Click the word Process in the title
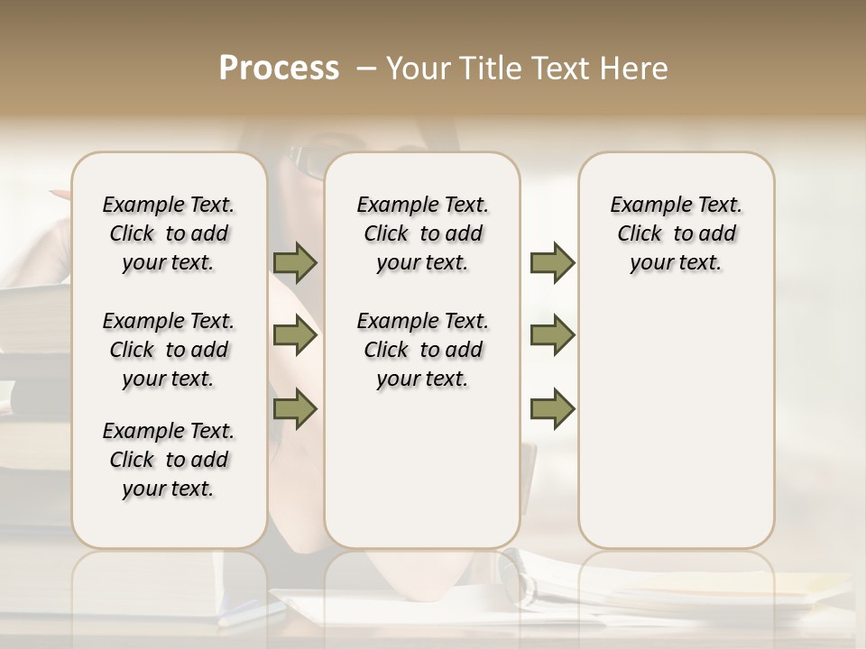click(x=279, y=68)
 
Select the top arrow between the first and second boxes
click(x=295, y=263)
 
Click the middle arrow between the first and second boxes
click(x=295, y=336)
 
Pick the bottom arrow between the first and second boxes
click(x=295, y=409)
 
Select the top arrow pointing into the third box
click(x=552, y=263)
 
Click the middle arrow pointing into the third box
click(x=552, y=336)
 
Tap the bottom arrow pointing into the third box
click(x=552, y=409)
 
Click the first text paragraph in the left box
click(x=169, y=233)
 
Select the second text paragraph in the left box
click(x=169, y=350)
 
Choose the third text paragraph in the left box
click(x=169, y=460)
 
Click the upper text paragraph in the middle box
click(x=422, y=233)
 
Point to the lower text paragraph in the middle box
click(x=422, y=350)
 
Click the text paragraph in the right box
click(x=677, y=233)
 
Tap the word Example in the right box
click(x=642, y=206)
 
